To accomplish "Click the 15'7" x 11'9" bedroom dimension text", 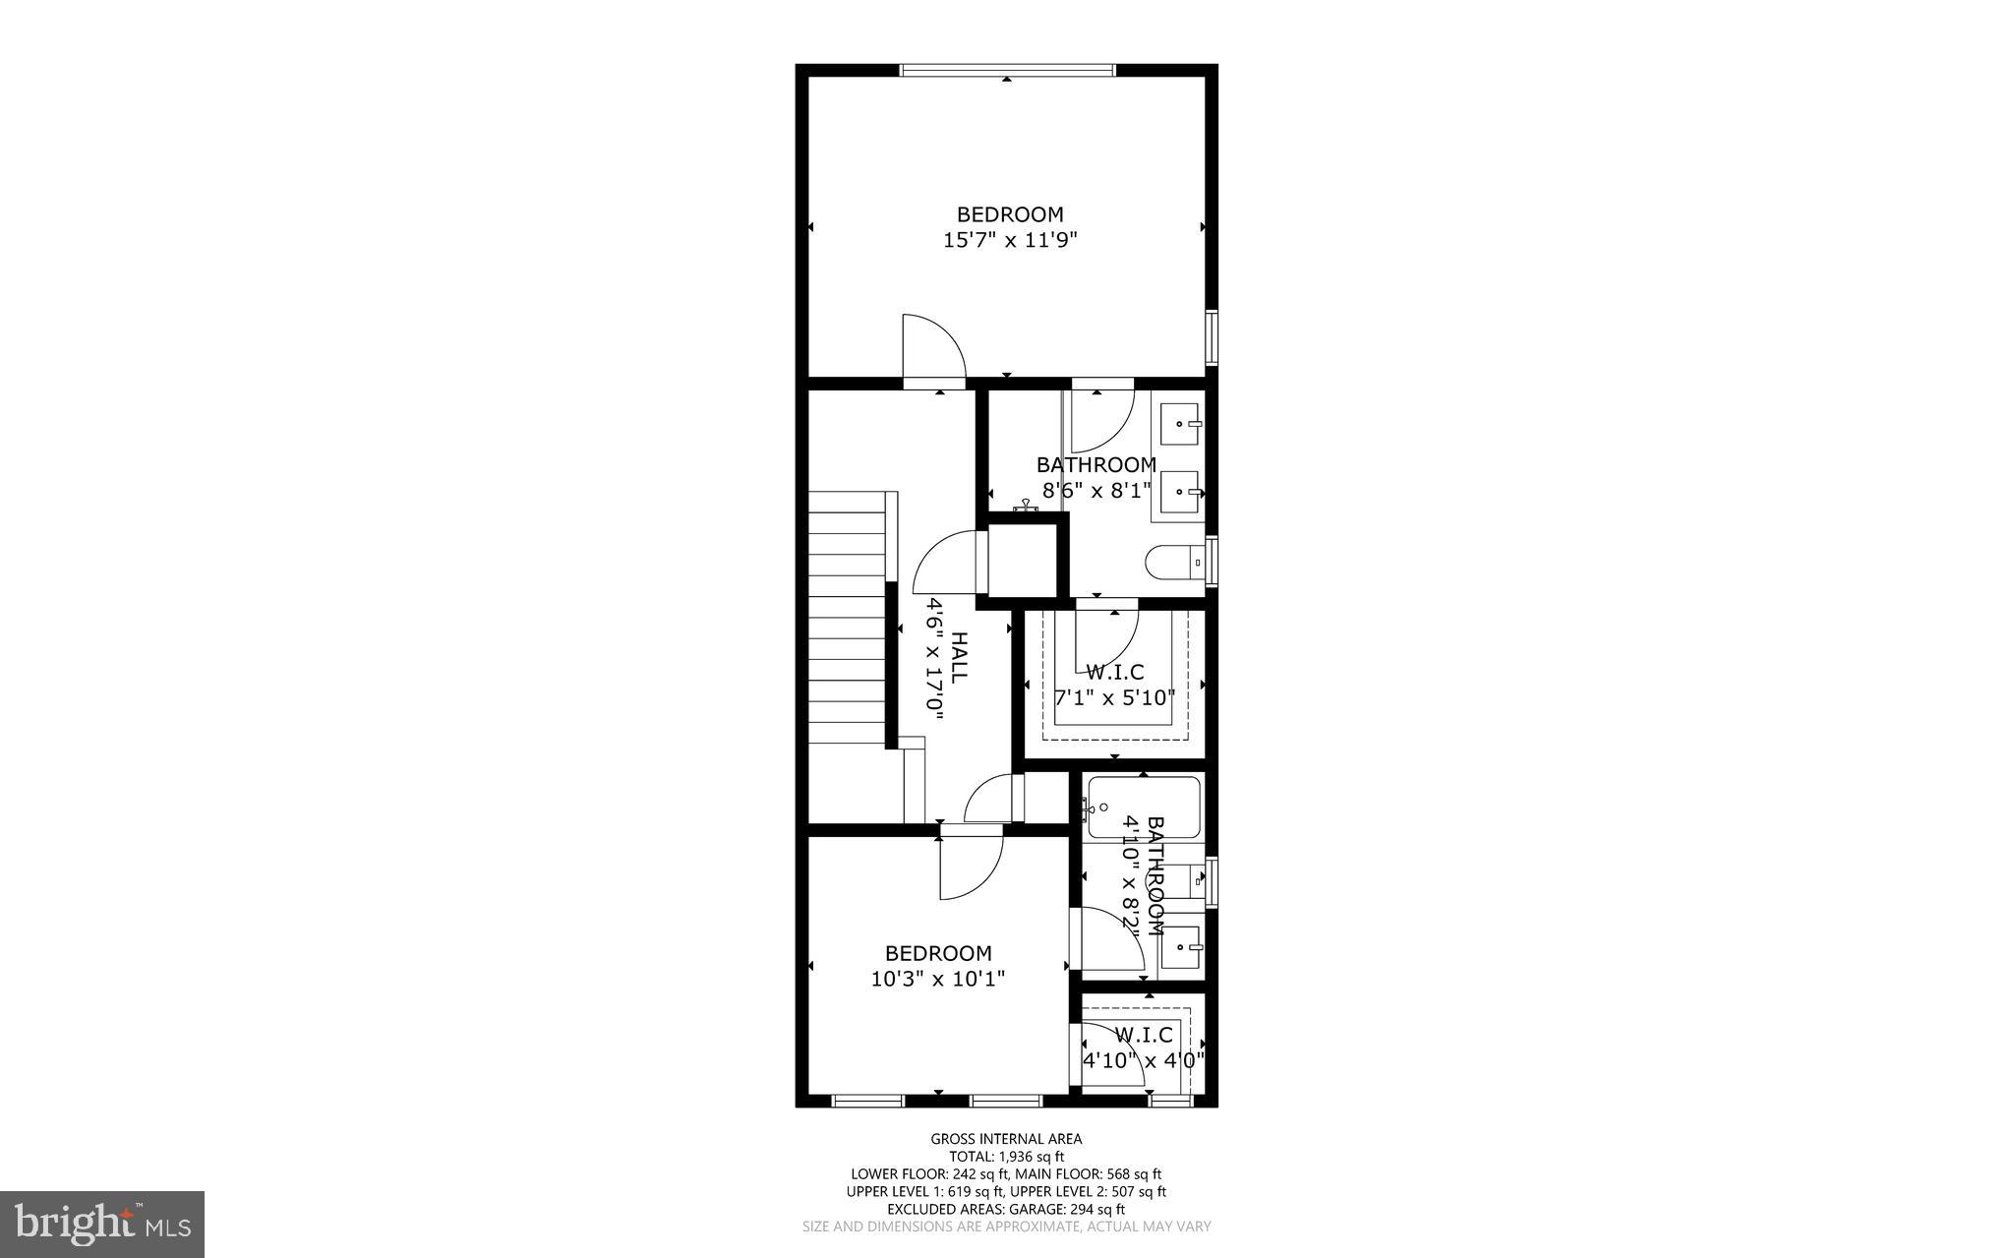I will click(x=1010, y=240).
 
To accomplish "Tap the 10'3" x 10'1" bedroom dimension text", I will click(x=937, y=979).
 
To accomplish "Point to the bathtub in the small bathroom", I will click(x=1143, y=808).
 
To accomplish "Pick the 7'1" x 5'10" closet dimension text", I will click(x=1114, y=698).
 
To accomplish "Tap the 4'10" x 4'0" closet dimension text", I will click(x=1143, y=1060).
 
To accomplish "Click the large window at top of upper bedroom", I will click(x=1007, y=70).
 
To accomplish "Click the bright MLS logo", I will click(x=102, y=1224).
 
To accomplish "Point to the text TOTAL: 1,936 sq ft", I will click(x=1006, y=1157).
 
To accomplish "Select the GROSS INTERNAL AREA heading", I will click(x=1006, y=1139).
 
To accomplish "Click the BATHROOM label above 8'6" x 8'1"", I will click(x=1096, y=464).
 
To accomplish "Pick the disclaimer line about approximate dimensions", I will click(x=1006, y=1227).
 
